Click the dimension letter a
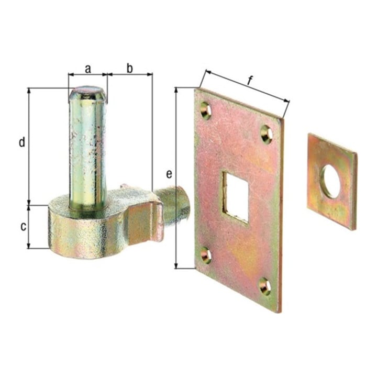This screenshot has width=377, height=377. [88, 69]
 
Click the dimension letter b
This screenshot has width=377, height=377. [130, 68]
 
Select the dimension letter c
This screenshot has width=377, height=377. [23, 227]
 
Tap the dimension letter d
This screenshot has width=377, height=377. [22, 142]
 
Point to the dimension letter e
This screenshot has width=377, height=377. [169, 174]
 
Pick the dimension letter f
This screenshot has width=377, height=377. [250, 81]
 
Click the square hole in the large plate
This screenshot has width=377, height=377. [236, 197]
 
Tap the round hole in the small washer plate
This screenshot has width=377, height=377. [331, 181]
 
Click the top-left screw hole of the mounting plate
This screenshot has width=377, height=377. [205, 110]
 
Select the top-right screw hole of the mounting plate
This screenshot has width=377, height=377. [267, 134]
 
